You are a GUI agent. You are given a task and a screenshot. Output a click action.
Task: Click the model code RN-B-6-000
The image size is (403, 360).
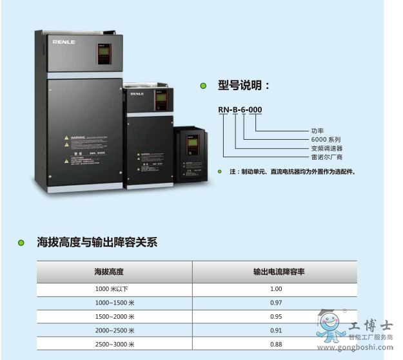click(240, 110)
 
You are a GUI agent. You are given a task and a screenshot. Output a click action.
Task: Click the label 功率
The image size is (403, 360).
click(317, 131)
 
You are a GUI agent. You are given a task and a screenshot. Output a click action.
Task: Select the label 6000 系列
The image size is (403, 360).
click(326, 139)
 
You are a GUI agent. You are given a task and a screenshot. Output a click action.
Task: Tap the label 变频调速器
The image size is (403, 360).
click(327, 148)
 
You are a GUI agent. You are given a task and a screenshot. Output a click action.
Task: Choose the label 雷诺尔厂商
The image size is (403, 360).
click(327, 156)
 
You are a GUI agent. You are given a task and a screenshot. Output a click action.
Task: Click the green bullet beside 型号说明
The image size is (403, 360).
click(203, 86)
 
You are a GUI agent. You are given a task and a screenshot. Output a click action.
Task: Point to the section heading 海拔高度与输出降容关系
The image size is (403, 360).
click(97, 242)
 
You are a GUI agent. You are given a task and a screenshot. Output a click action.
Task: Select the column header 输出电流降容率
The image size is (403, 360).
click(279, 272)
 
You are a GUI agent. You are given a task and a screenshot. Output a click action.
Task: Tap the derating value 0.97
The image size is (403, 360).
click(276, 303)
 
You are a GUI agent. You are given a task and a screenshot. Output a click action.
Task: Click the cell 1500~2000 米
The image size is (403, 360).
click(115, 317)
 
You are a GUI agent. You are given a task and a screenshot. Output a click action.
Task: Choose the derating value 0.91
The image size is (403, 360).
click(276, 330)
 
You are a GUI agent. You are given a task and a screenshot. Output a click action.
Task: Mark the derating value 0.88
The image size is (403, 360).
click(276, 344)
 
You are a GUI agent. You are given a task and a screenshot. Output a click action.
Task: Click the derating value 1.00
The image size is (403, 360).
click(276, 289)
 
